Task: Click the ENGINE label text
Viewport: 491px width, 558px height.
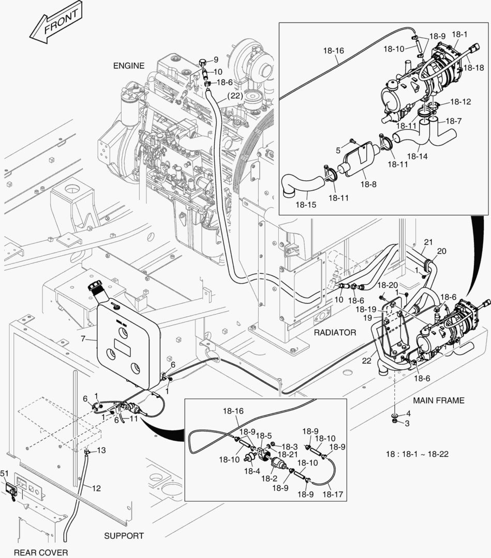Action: (129, 66)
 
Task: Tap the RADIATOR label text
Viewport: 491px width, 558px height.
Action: (335, 333)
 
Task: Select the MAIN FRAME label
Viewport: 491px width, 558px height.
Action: (439, 400)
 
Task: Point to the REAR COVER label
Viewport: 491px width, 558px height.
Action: (40, 552)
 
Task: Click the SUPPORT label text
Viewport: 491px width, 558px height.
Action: (124, 536)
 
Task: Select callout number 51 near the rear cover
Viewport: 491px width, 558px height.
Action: (4, 473)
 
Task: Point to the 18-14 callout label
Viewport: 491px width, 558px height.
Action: (418, 155)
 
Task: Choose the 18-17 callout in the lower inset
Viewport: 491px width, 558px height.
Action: (333, 494)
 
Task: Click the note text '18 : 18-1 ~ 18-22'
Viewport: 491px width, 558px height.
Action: (417, 454)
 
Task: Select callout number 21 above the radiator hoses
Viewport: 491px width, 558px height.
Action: (428, 242)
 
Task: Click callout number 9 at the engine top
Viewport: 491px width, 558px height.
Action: (216, 59)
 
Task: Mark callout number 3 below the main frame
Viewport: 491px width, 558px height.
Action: (407, 423)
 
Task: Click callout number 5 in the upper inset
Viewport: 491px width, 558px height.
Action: (338, 150)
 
